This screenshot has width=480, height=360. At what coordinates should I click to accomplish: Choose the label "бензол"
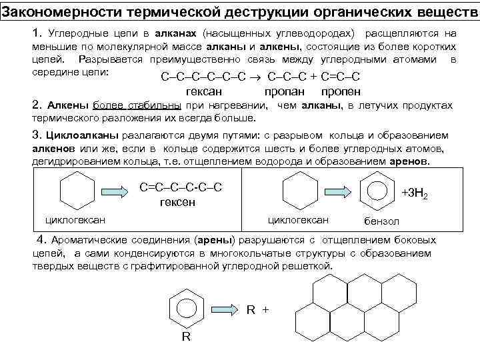click(382, 221)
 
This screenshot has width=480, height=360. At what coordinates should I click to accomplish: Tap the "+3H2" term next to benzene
click(414, 193)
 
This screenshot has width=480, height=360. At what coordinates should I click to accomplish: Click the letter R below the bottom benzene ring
click(186, 336)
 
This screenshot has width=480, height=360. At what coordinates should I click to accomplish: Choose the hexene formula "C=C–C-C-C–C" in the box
click(179, 187)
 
